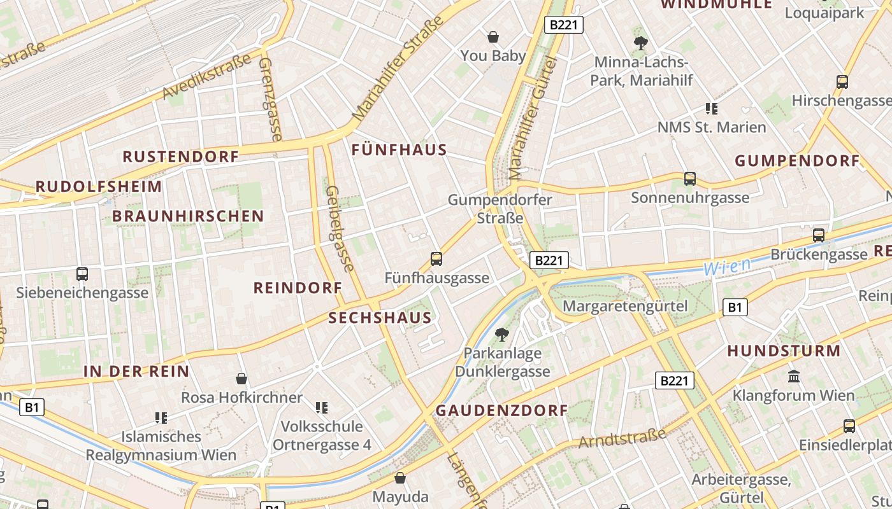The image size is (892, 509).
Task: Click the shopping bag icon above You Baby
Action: coord(493,37)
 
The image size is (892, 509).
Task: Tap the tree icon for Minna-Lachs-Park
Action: coord(640,43)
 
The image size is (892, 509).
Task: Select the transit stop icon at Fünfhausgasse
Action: coord(436,259)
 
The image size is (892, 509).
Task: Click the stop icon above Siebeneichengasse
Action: coord(82,274)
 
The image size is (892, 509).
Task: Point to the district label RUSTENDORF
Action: coord(181,157)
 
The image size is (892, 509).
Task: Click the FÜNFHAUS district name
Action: coord(399,150)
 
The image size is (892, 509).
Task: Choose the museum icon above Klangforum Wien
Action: coord(794,377)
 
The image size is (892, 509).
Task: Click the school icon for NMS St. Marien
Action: coord(712,109)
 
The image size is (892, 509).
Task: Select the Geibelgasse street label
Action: coord(340,228)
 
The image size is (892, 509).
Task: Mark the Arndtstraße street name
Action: coord(622,438)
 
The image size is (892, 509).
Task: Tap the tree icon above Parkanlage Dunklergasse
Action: coord(502,334)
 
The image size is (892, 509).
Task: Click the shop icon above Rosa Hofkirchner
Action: coord(241,379)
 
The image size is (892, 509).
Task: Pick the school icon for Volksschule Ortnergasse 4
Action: coord(322,407)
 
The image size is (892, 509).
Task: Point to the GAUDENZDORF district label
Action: coord(501,411)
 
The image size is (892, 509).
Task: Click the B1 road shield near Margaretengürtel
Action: coord(735,308)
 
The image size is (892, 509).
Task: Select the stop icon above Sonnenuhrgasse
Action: coord(690,179)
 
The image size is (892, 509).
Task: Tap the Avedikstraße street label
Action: coord(207,78)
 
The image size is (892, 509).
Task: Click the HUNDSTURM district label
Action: coord(784,351)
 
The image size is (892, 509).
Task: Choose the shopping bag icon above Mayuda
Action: coord(400,478)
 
